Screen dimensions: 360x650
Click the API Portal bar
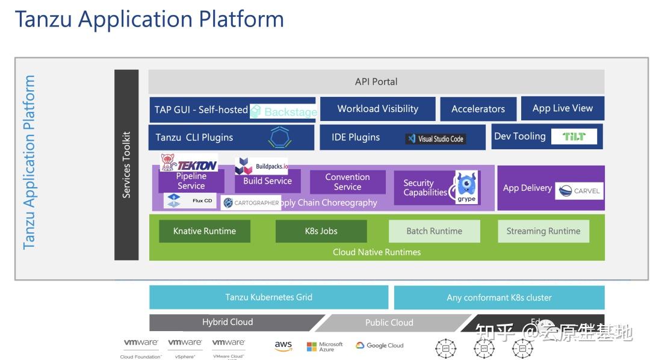(376, 82)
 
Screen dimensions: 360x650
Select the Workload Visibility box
(377, 109)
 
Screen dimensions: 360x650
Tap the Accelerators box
(478, 109)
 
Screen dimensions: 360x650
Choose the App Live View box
(562, 108)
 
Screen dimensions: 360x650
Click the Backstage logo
(283, 111)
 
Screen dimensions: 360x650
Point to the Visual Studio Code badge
(435, 138)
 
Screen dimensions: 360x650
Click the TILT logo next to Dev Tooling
(574, 137)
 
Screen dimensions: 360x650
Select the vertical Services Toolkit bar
(126, 165)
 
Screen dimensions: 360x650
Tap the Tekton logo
(188, 163)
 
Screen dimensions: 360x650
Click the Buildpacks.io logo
(261, 166)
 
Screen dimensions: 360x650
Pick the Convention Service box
(347, 182)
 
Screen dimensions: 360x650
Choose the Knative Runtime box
(205, 231)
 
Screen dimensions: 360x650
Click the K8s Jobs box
(321, 231)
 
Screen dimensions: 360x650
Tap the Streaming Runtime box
(543, 231)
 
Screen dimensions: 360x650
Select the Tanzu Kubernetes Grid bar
(268, 297)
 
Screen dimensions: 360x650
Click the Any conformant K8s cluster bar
(499, 297)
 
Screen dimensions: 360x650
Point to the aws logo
(283, 346)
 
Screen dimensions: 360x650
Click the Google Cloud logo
(379, 346)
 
